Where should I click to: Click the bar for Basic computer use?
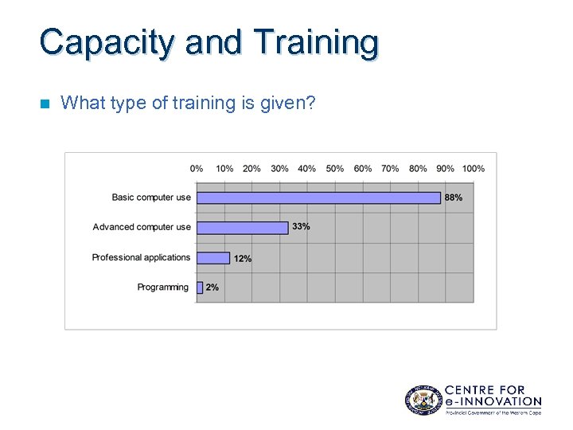click(x=318, y=197)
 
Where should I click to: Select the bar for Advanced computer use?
click(x=242, y=228)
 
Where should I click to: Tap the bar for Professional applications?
click(x=213, y=258)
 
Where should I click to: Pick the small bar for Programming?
click(x=200, y=287)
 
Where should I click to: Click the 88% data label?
click(x=454, y=197)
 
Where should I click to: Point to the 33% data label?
click(x=301, y=227)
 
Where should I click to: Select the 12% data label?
click(x=243, y=259)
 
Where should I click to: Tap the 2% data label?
click(x=212, y=287)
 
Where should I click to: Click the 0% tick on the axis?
click(x=197, y=168)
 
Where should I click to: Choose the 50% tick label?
click(x=335, y=168)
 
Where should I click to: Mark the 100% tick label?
click(x=473, y=168)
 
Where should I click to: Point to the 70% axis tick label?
click(x=390, y=168)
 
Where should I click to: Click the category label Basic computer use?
click(x=151, y=197)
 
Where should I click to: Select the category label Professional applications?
click(x=141, y=257)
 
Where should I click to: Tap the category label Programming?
click(x=163, y=287)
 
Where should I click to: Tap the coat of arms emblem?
click(x=422, y=399)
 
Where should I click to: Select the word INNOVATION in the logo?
click(x=500, y=402)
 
